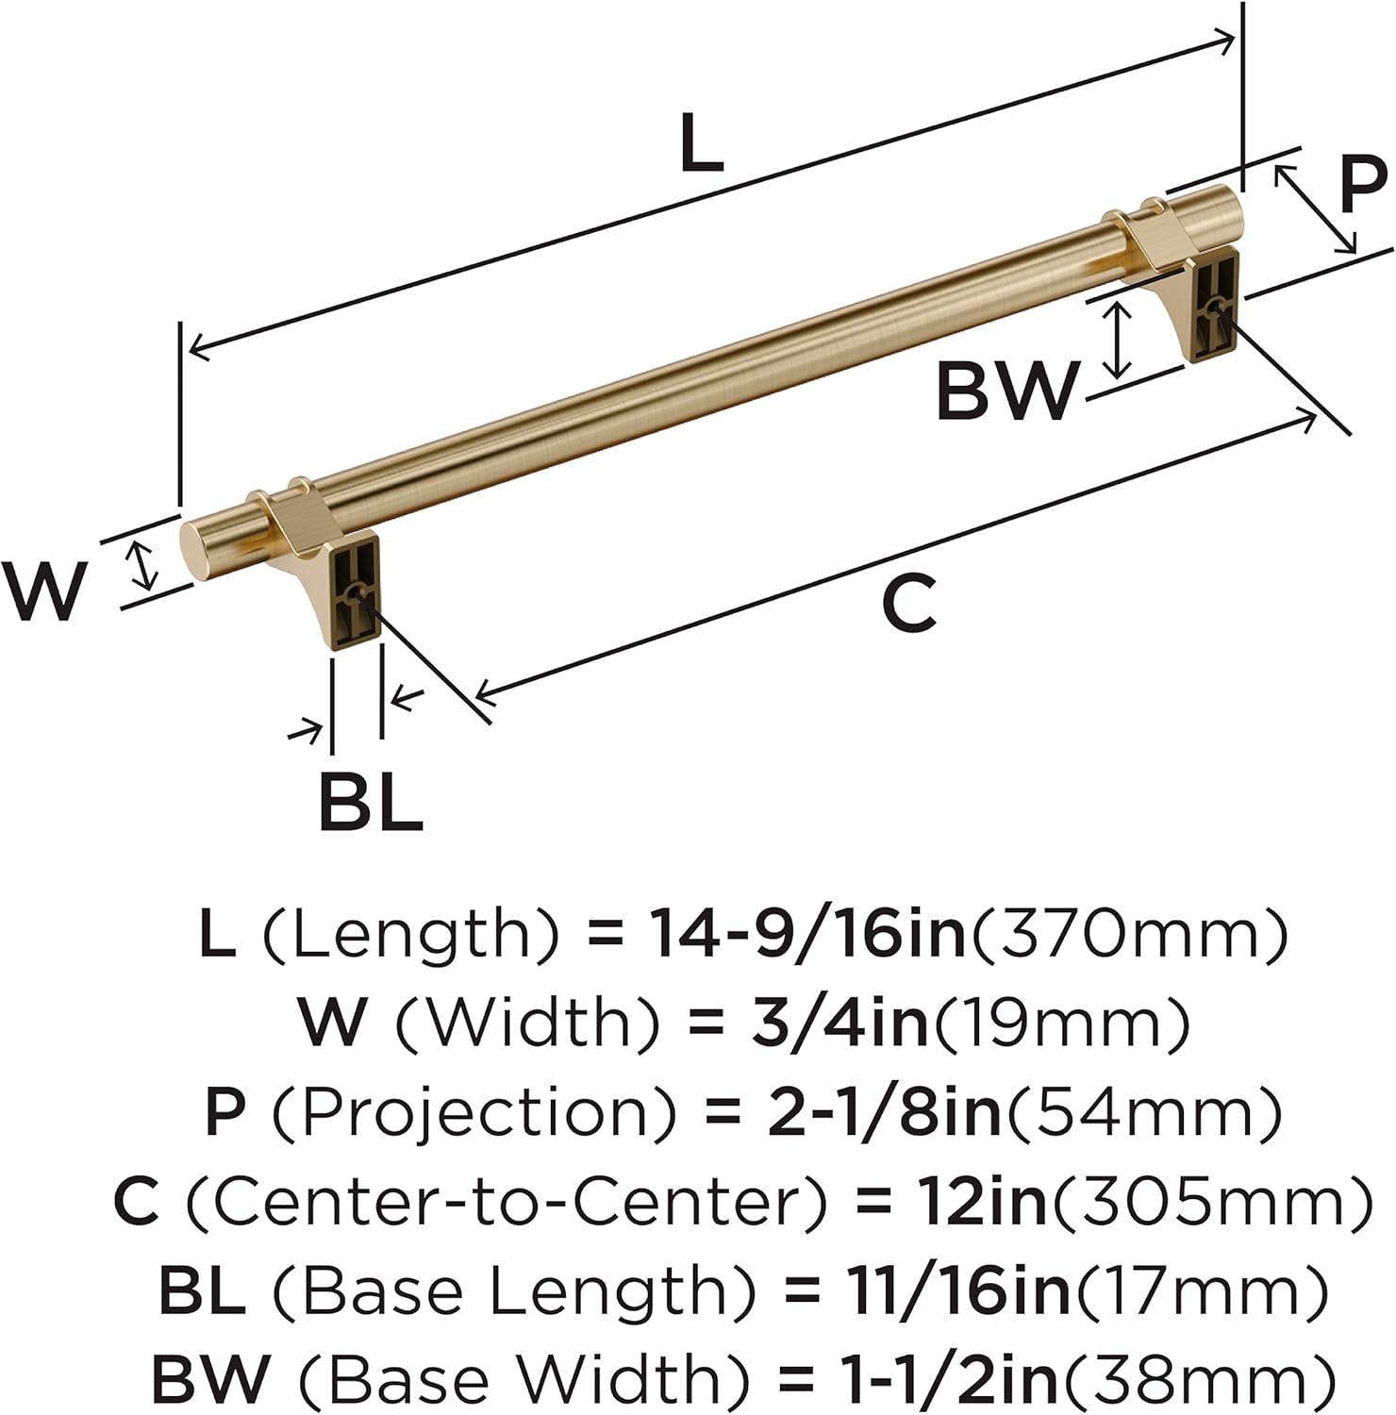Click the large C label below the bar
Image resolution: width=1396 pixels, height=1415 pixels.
click(908, 605)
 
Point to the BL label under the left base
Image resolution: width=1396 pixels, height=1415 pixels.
click(370, 802)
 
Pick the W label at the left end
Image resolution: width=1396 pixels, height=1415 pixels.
click(44, 591)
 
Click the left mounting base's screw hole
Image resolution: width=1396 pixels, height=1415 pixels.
click(356, 594)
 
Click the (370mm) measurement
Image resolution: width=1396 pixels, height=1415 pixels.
click(1129, 934)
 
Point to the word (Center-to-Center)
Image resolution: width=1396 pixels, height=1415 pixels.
click(507, 1201)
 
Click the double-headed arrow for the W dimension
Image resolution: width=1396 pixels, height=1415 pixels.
click(142, 566)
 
